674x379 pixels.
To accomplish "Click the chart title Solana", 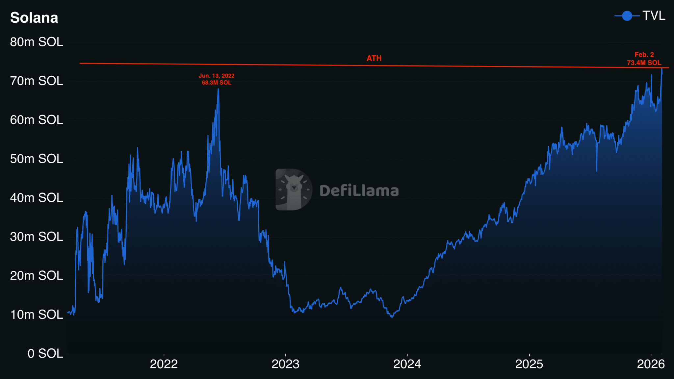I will [34, 18].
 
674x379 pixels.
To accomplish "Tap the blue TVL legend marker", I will [627, 16].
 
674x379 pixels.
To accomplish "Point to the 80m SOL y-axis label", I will [37, 42].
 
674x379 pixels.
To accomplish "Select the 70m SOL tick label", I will [37, 81].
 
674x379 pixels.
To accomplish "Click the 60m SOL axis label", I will [37, 120].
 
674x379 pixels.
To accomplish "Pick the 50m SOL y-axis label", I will [37, 159].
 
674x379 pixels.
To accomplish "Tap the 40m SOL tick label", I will [37, 198].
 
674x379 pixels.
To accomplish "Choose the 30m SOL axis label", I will [37, 237].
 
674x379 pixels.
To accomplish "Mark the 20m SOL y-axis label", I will [37, 276].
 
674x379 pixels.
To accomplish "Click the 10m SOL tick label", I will [37, 315].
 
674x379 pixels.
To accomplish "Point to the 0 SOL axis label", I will [45, 354].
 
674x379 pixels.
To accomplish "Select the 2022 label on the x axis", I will [164, 364].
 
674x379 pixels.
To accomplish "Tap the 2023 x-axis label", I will [285, 364].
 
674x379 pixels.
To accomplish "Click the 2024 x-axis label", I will [407, 364].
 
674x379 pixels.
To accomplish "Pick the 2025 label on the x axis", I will [529, 364].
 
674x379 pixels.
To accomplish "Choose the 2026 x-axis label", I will [651, 364].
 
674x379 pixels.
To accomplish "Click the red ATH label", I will [374, 58].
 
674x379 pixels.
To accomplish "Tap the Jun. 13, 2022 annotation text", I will [217, 76].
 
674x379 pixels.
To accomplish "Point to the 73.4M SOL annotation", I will [644, 63].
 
